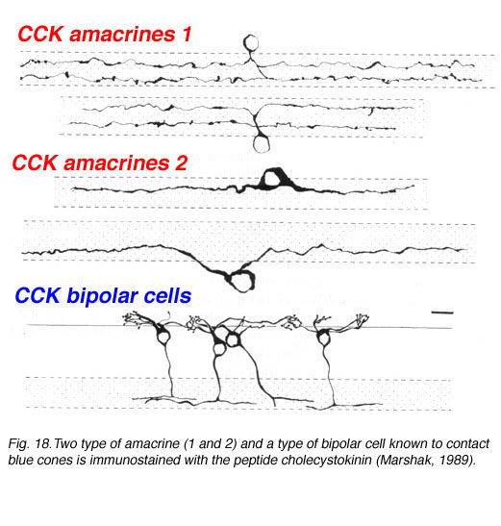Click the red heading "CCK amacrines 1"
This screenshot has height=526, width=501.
tap(105, 35)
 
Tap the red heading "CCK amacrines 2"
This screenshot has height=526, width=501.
tap(100, 163)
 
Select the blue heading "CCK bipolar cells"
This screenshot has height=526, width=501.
tap(103, 295)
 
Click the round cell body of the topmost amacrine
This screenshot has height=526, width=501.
tap(251, 43)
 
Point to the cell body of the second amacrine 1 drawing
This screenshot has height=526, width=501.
tap(262, 144)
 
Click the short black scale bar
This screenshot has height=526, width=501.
tap(442, 313)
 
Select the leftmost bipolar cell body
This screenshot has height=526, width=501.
tap(163, 337)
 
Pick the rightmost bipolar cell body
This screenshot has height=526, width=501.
tap(324, 338)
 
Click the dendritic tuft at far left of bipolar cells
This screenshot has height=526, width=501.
tap(134, 318)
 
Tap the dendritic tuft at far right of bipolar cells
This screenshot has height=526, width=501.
tap(362, 319)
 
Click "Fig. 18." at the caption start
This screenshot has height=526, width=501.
tap(29, 444)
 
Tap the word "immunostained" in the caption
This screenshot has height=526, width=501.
tap(135, 460)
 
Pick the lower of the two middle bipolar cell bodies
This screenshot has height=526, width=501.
tap(219, 349)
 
